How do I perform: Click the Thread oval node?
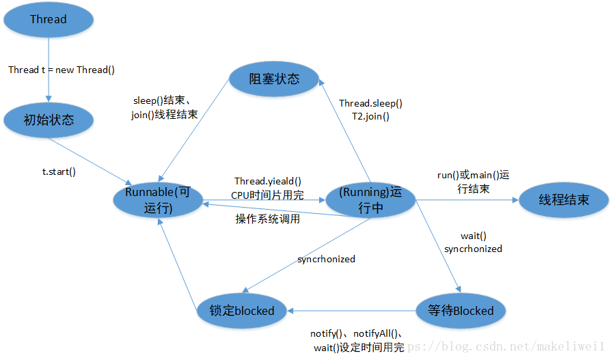pyautogui.click(x=48, y=19)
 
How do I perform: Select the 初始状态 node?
pyautogui.click(x=48, y=120)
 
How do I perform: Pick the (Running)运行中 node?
pyautogui.click(x=370, y=201)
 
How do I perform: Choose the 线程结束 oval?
pyautogui.click(x=563, y=200)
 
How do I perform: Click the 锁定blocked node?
pyautogui.click(x=236, y=311)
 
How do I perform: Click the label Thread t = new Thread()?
pyautogui.click(x=62, y=70)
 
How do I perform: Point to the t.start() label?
pyautogui.click(x=59, y=171)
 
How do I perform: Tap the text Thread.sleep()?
pyautogui.click(x=371, y=103)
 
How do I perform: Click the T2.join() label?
pyautogui.click(x=371, y=116)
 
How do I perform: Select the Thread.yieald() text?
pyautogui.click(x=267, y=181)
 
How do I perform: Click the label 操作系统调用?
pyautogui.click(x=267, y=219)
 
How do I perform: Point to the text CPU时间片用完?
pyautogui.click(x=267, y=194)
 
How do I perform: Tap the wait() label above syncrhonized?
pyautogui.click(x=473, y=236)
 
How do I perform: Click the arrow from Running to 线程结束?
pyautogui.click(x=465, y=200)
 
